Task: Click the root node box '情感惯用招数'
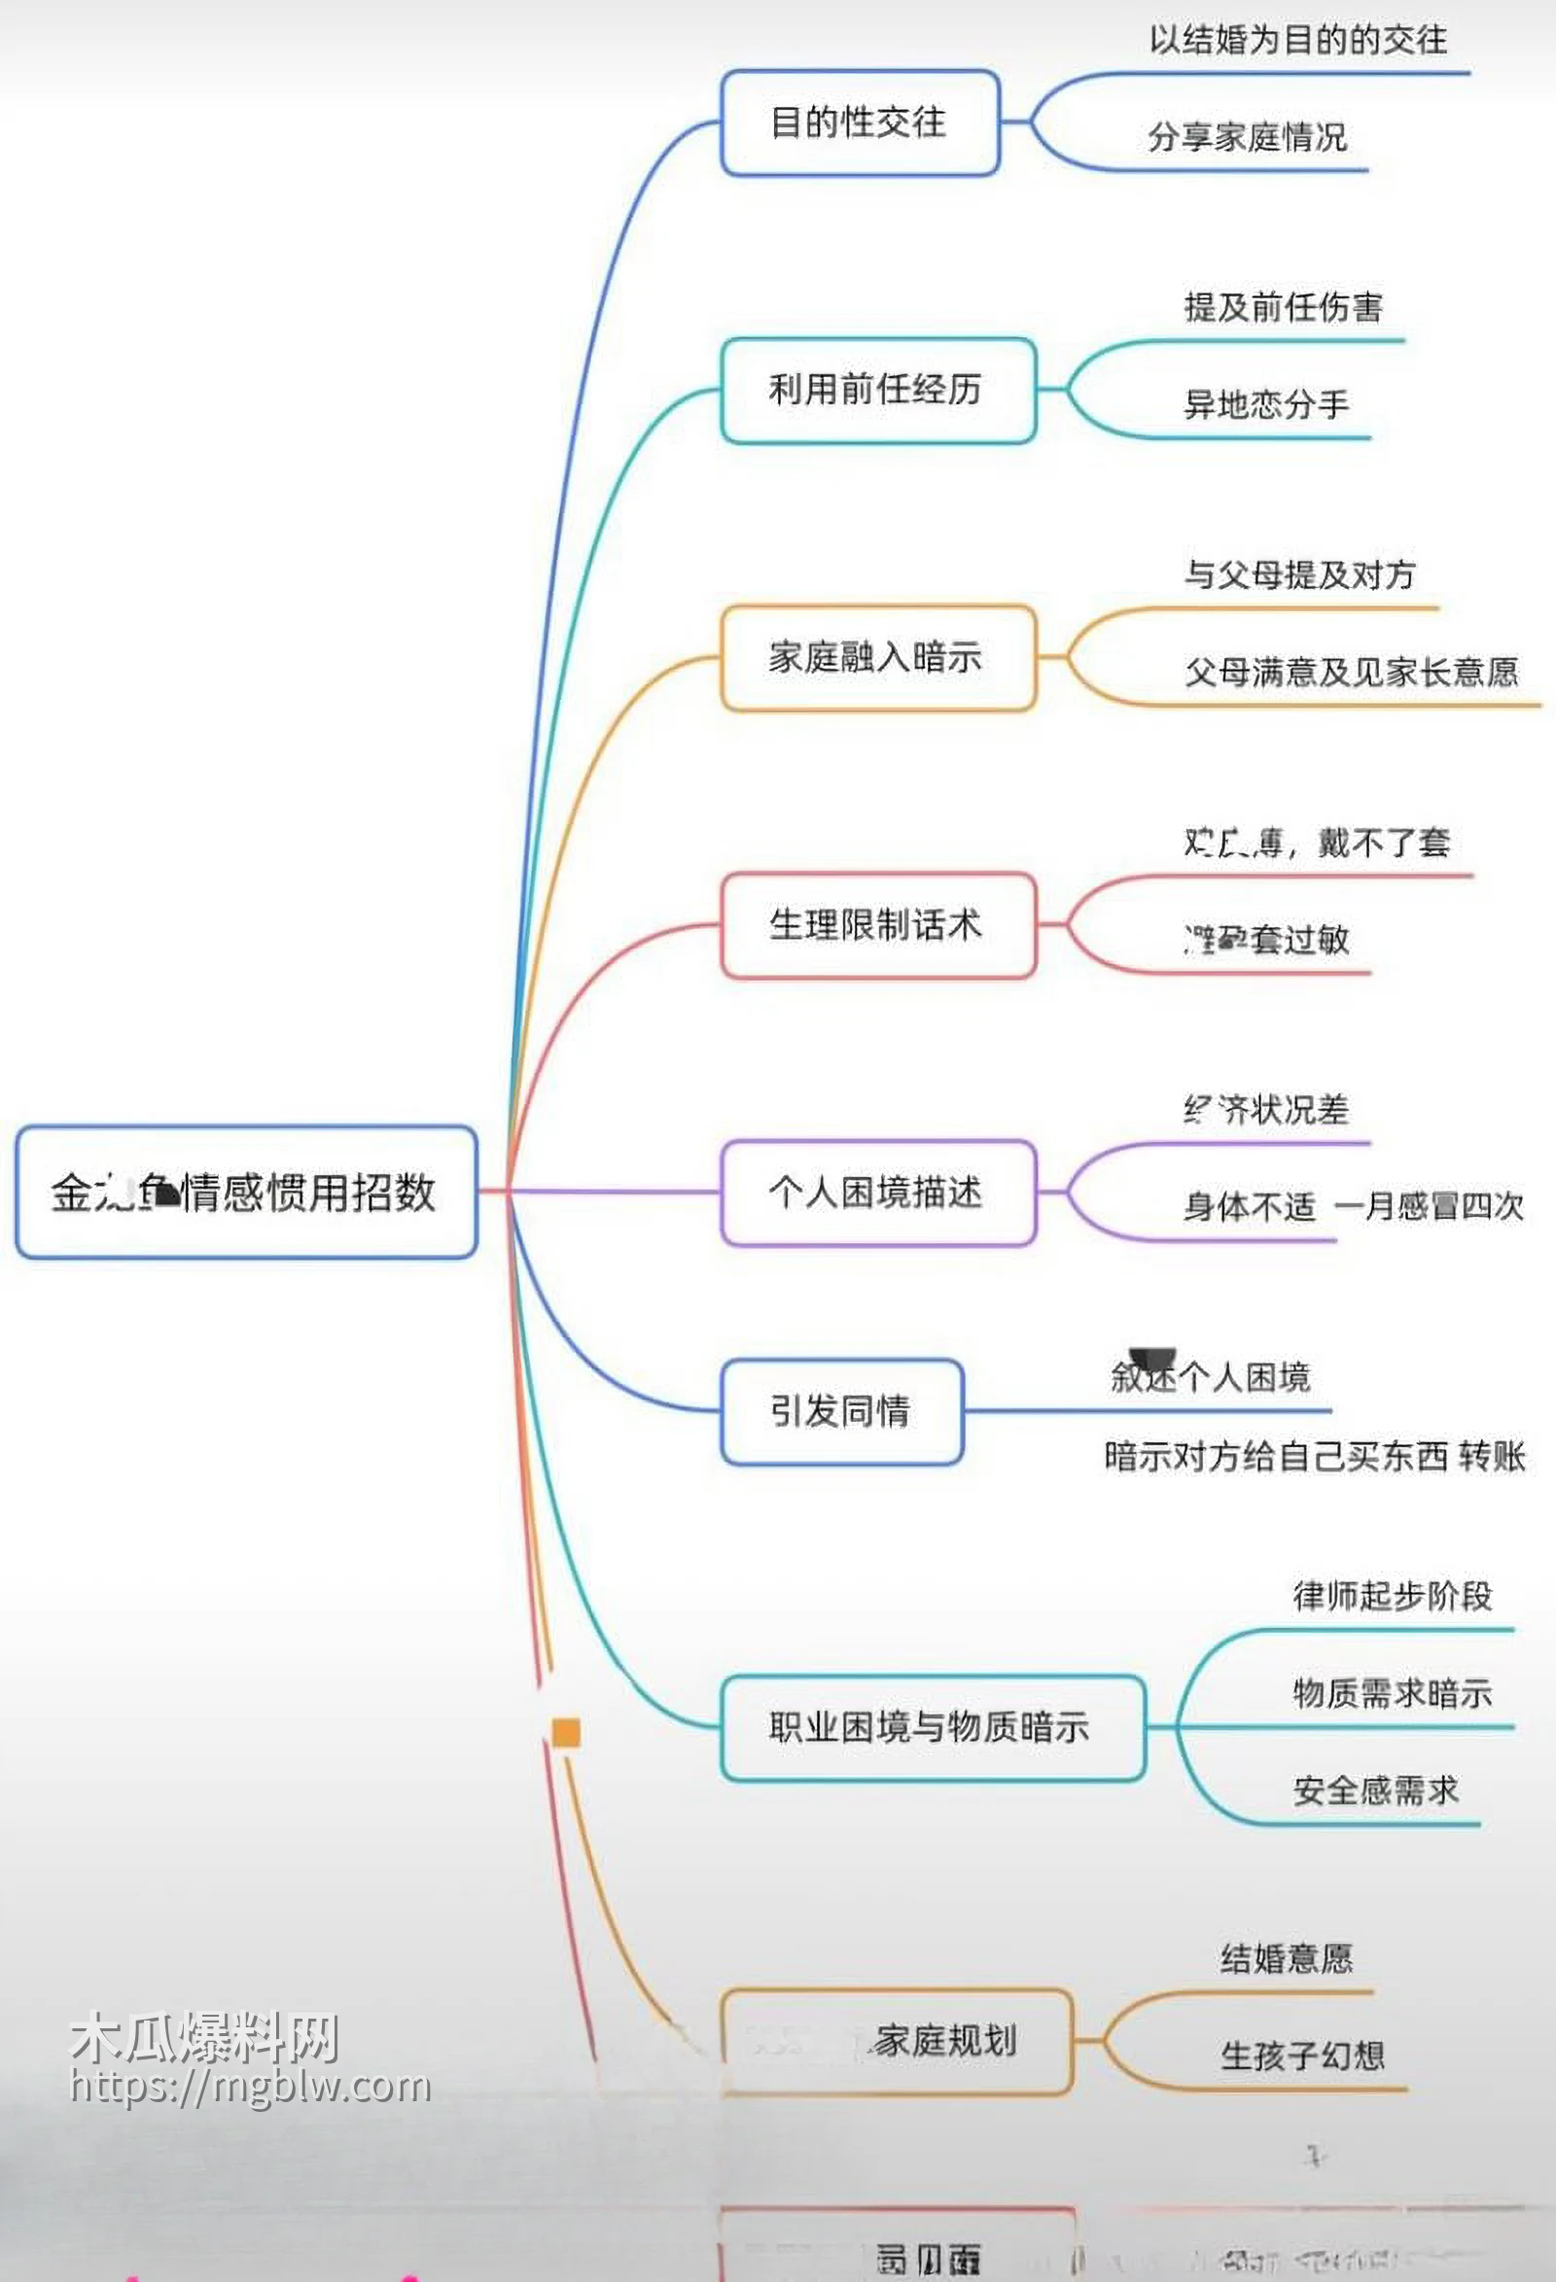(246, 1193)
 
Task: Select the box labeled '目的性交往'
(860, 122)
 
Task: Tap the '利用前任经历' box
(877, 390)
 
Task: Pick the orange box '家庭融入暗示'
(877, 657)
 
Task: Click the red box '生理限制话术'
(877, 925)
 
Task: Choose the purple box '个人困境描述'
(877, 1193)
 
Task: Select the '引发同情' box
(841, 1411)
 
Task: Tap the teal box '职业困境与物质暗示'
(932, 1727)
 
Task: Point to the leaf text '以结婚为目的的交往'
(1297, 40)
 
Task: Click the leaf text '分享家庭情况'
(1247, 137)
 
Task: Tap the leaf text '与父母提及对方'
(1298, 574)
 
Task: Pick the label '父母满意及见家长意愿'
(1351, 673)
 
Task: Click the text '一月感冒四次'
(1429, 1207)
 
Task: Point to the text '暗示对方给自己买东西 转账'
(1315, 1456)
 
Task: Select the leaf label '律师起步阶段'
(1392, 1597)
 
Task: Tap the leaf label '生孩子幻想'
(1301, 2057)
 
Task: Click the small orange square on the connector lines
(566, 1733)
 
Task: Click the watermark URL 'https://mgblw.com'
(251, 2087)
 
